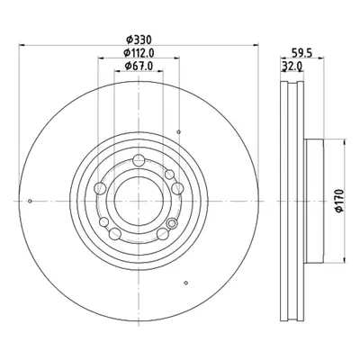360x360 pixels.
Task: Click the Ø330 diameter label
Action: coord(139,40)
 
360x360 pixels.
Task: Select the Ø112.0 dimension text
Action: coord(139,53)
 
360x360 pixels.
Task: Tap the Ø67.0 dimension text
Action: coord(139,66)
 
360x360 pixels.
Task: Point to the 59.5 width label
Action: coord(302,53)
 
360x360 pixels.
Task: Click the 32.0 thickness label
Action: coord(292,66)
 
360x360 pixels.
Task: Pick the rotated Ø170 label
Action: coord(339,201)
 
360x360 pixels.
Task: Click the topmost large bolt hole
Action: coord(139,160)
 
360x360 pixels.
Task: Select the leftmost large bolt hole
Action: coord(100,188)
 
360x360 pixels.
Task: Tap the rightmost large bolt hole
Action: coord(177,188)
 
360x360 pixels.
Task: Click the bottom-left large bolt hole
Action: coord(115,234)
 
